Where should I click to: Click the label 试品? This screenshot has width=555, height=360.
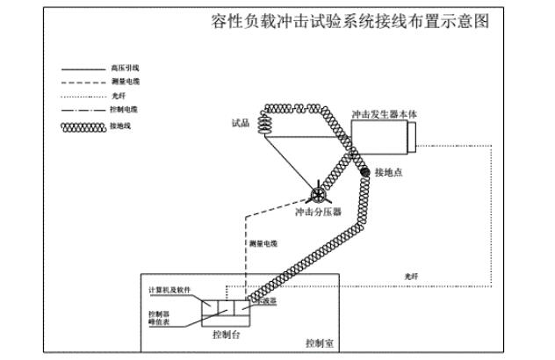[x=241, y=124]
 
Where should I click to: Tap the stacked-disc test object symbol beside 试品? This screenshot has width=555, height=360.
[x=265, y=125]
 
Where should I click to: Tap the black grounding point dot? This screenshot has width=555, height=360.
[x=364, y=172]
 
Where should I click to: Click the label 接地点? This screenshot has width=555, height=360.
[x=388, y=172]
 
